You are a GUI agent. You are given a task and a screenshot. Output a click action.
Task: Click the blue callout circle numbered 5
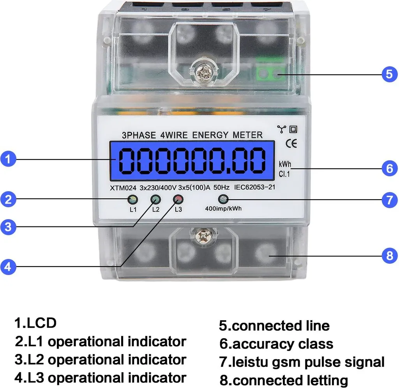[x=389, y=74]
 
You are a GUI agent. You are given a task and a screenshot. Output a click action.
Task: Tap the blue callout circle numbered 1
[x=8, y=159]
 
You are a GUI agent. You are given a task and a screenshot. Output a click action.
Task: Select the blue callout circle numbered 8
[x=389, y=255]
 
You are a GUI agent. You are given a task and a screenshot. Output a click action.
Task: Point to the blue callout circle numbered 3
[x=8, y=226]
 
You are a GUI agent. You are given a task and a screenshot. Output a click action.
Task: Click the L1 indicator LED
[x=132, y=200]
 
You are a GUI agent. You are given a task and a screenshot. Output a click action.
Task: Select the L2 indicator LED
[x=155, y=200]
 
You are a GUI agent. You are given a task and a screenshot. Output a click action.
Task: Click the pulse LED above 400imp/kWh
[x=223, y=199]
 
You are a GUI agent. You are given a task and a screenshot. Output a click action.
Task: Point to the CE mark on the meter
[x=291, y=144]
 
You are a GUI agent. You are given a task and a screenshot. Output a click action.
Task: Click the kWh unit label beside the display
[x=285, y=164]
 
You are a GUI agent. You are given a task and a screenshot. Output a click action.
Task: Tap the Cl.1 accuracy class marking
[x=284, y=174]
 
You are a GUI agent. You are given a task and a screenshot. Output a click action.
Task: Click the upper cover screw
[x=203, y=73]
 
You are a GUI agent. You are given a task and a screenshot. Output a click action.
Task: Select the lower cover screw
[x=203, y=235]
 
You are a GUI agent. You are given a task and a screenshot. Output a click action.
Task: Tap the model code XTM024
[x=123, y=188]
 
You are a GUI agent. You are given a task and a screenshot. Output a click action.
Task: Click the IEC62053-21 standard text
[x=254, y=187]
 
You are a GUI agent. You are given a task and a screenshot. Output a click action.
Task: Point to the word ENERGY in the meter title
[x=210, y=135]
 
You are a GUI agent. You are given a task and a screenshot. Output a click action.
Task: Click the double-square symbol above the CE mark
[x=293, y=129]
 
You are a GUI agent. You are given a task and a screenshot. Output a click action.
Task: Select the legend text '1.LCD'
[x=35, y=323]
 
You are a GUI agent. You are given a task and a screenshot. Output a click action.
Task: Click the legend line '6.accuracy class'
[x=276, y=344]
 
